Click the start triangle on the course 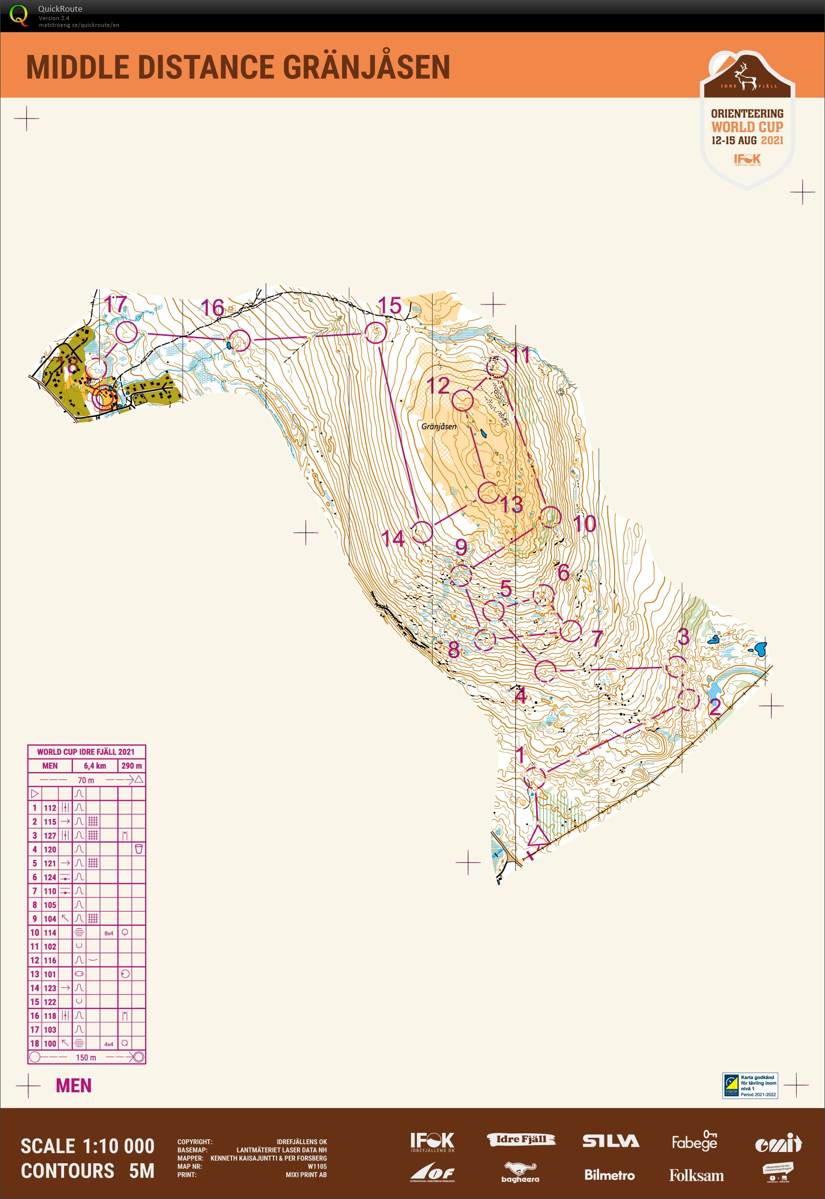coord(538,837)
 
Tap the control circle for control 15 coord(376,332)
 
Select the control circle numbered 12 coord(462,400)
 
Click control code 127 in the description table coord(49,835)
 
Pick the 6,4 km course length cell coord(94,766)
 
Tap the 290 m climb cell coord(131,766)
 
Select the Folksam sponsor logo coord(696,1175)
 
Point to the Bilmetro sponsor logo coord(609,1175)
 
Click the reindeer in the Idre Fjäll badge coord(746,76)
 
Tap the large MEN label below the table coord(73,1086)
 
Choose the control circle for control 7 coord(571,631)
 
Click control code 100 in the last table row coord(49,1043)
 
